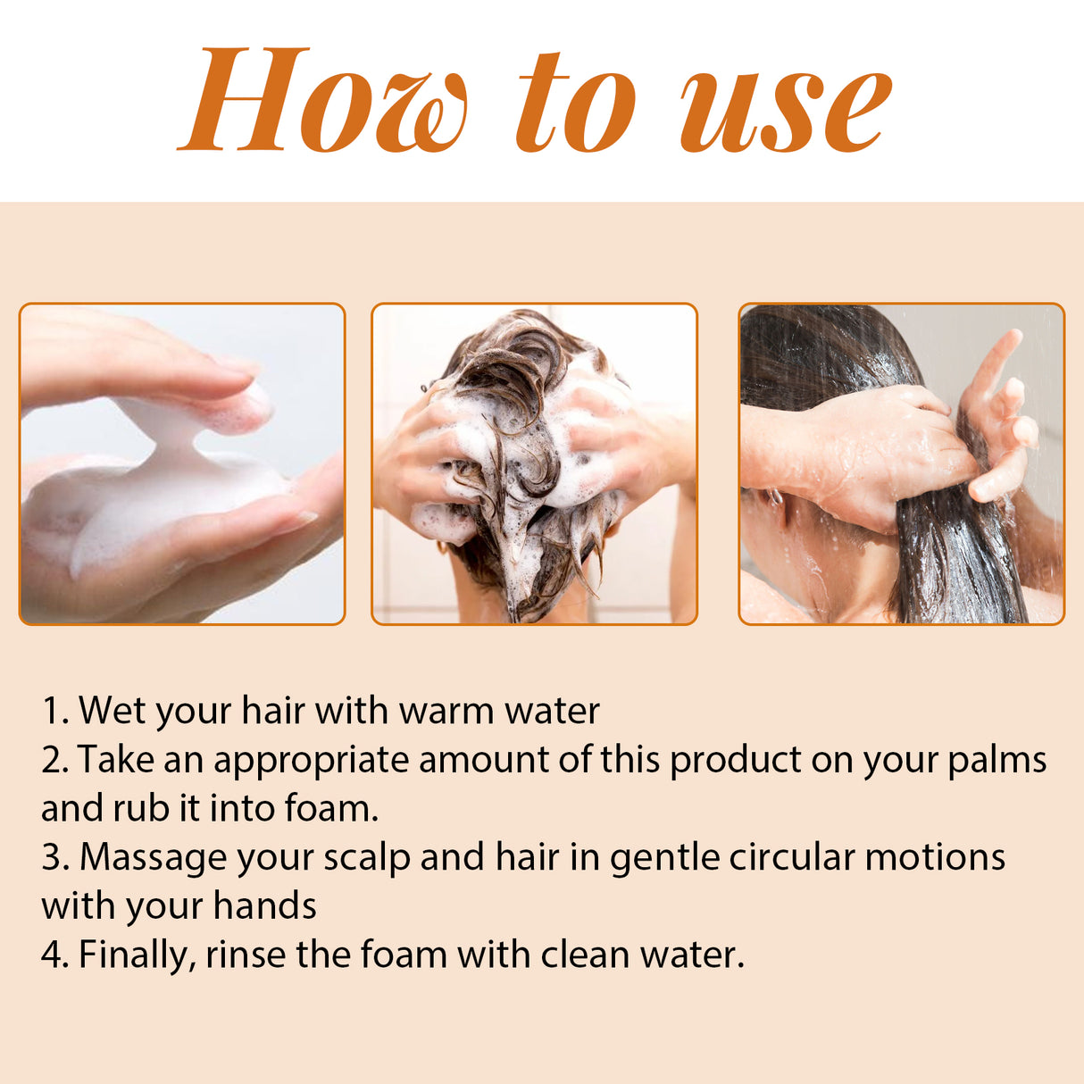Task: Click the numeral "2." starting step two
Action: pos(54,760)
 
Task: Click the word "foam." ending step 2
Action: pos(331,808)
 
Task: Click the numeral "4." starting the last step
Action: pos(55,955)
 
